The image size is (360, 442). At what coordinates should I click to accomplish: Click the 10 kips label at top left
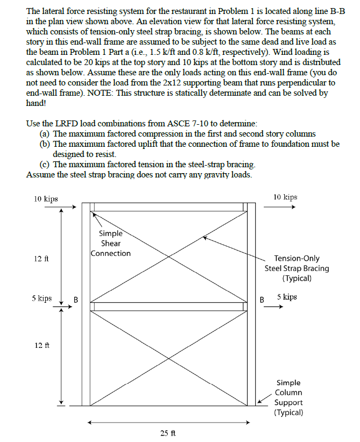46,199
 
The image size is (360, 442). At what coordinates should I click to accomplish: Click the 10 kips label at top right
285,197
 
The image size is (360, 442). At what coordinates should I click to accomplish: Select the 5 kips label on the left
41,298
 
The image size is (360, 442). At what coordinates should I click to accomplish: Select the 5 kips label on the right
287,297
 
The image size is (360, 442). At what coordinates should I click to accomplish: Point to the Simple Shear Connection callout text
111,243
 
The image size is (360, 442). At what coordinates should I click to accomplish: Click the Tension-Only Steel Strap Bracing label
297,268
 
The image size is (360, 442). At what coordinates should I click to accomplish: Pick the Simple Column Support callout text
289,398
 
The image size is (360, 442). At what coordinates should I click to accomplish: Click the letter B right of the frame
262,300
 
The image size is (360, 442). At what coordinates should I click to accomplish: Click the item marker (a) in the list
45,133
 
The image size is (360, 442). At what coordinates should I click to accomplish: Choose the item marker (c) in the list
45,163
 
